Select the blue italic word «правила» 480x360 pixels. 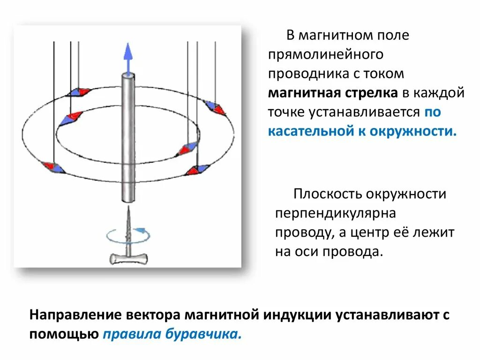(x=131, y=334)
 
